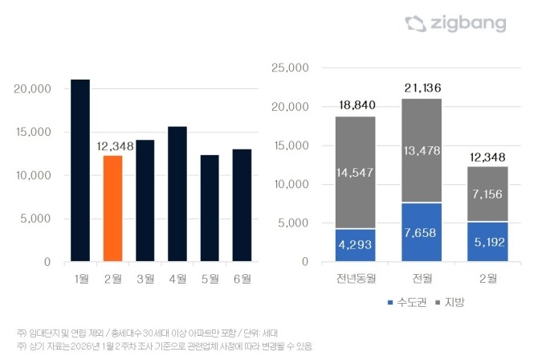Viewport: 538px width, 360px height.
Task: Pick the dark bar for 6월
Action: click(x=242, y=205)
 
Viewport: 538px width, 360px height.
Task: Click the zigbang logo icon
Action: click(x=415, y=23)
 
